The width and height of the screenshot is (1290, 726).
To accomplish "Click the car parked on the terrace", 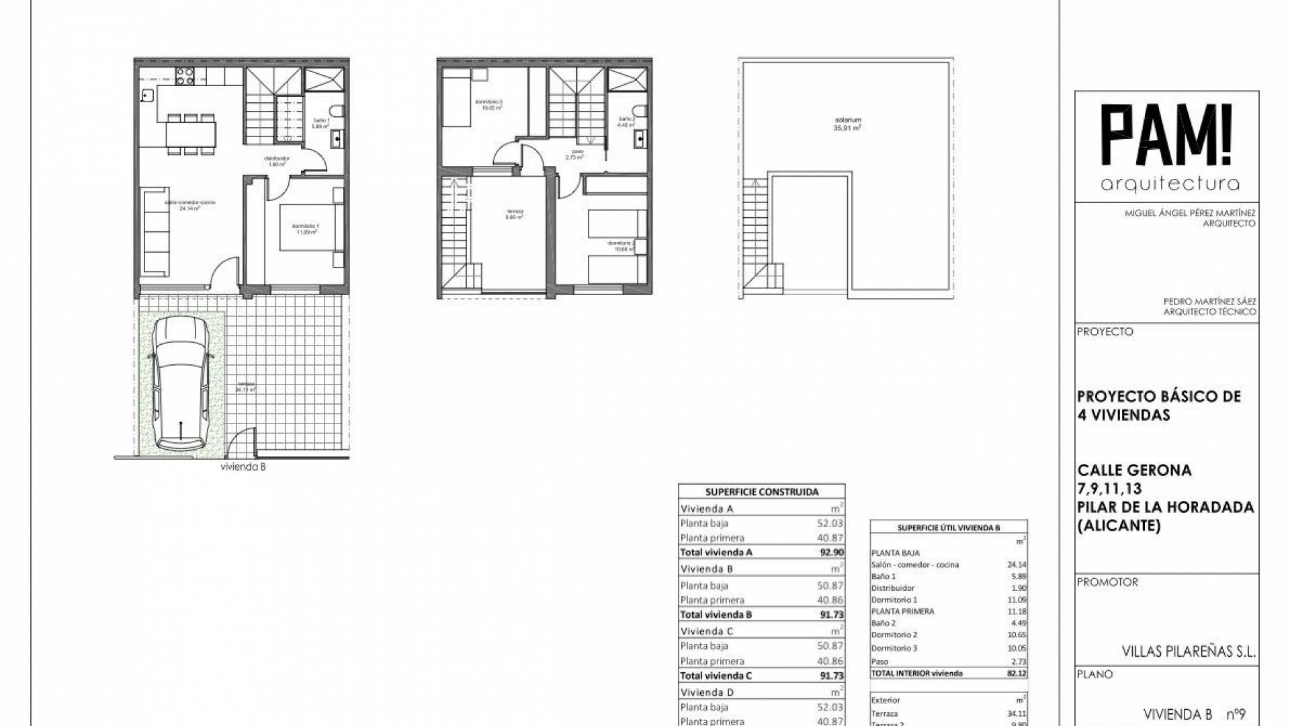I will point(180,384).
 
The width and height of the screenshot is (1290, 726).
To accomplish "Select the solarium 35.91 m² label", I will point(847,124).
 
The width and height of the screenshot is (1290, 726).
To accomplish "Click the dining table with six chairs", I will point(191,134).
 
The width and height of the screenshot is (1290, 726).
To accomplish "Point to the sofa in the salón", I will point(156,230).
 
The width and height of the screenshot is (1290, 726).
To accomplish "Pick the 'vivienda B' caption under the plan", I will point(243,467).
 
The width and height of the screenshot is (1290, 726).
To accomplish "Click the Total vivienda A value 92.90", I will point(832,553).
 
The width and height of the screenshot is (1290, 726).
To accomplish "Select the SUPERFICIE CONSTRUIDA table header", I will point(762,492).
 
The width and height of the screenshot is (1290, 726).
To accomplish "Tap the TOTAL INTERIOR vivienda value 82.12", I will point(1016,673).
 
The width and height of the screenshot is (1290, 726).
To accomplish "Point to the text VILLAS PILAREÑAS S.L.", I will point(1189,651).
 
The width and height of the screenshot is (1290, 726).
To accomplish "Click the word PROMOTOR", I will point(1107,582).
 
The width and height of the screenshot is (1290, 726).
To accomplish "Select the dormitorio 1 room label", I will point(306,229).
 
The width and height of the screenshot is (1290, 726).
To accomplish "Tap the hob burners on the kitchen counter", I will point(185,75).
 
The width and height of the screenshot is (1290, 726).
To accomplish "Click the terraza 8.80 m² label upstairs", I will point(515,214).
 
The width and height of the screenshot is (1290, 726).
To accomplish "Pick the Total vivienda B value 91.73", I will point(832,614).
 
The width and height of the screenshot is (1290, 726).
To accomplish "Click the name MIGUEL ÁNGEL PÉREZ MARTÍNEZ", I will point(1190,213).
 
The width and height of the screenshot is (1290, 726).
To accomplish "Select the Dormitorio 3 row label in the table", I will point(894,648).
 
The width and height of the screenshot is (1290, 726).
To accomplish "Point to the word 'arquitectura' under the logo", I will point(1170,184).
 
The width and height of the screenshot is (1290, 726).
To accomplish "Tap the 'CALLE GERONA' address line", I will point(1134,471).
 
